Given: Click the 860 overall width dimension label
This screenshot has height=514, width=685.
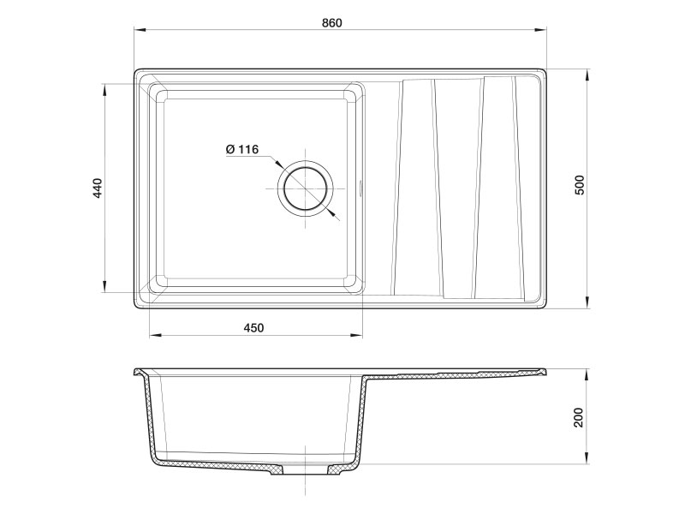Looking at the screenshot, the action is [x=332, y=23].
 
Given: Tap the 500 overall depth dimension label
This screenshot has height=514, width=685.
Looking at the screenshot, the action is [x=580, y=185].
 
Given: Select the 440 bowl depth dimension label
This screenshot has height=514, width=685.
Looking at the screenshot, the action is [x=98, y=188].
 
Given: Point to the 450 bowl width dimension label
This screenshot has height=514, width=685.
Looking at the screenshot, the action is [x=253, y=327].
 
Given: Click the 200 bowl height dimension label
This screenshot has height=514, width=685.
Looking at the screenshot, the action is [x=579, y=417].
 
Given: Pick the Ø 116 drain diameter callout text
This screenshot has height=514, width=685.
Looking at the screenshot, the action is [x=242, y=149].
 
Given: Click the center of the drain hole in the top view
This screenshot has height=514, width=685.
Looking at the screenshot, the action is [x=306, y=188].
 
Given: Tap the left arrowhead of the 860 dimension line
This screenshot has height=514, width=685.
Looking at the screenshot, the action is [x=140, y=30].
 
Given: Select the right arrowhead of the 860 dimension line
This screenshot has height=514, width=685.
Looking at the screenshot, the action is [x=541, y=30].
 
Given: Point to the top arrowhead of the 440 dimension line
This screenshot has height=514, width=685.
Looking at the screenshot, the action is [x=104, y=89].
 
